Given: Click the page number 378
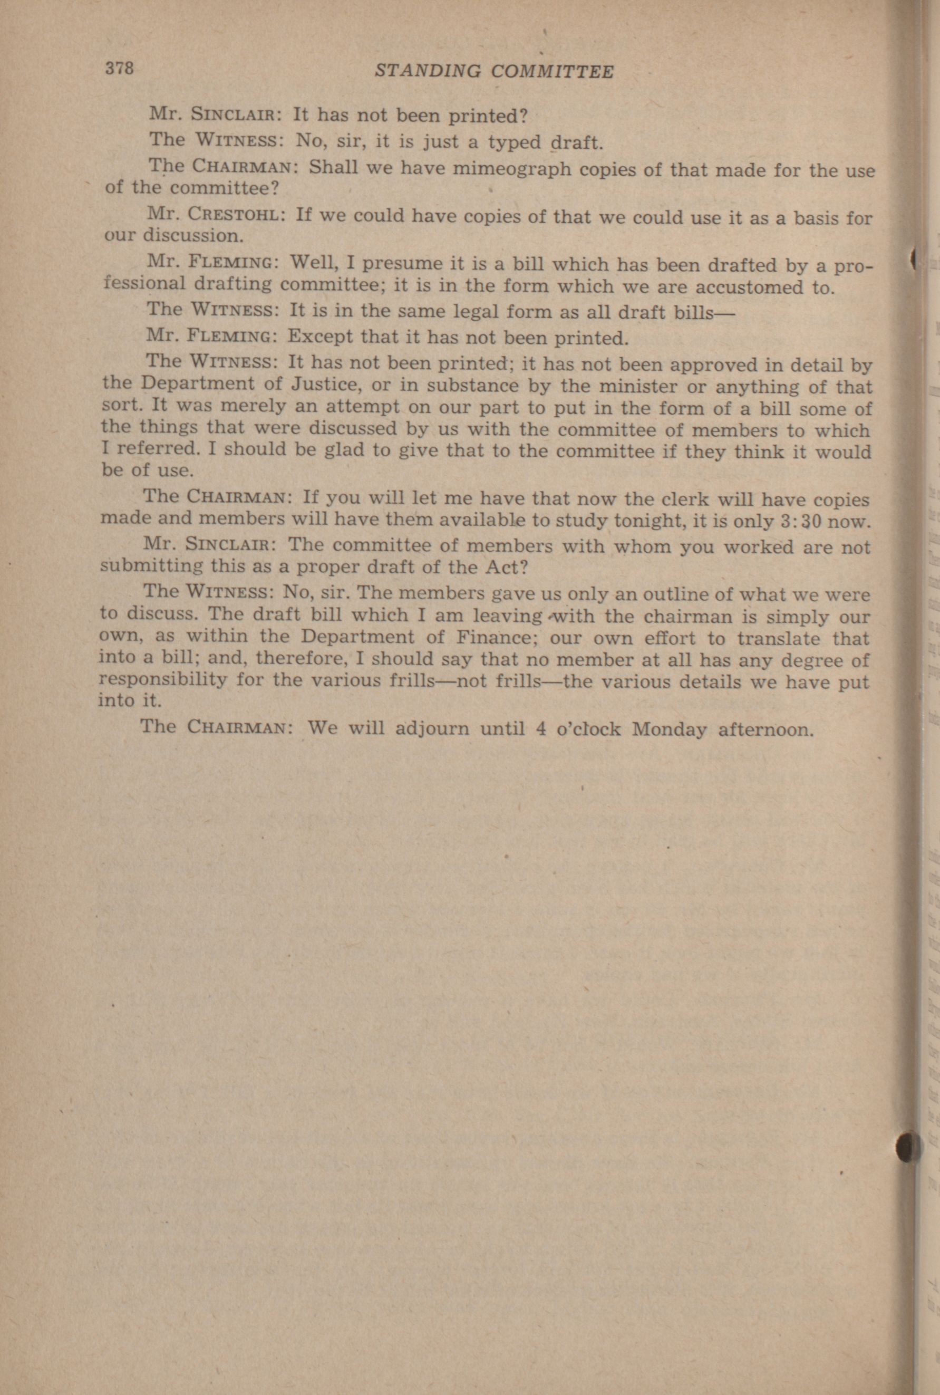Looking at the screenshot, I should pyautogui.click(x=120, y=69).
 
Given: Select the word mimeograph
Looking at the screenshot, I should pyautogui.click(x=511, y=170).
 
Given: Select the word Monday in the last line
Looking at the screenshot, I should pyautogui.click(x=670, y=729).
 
